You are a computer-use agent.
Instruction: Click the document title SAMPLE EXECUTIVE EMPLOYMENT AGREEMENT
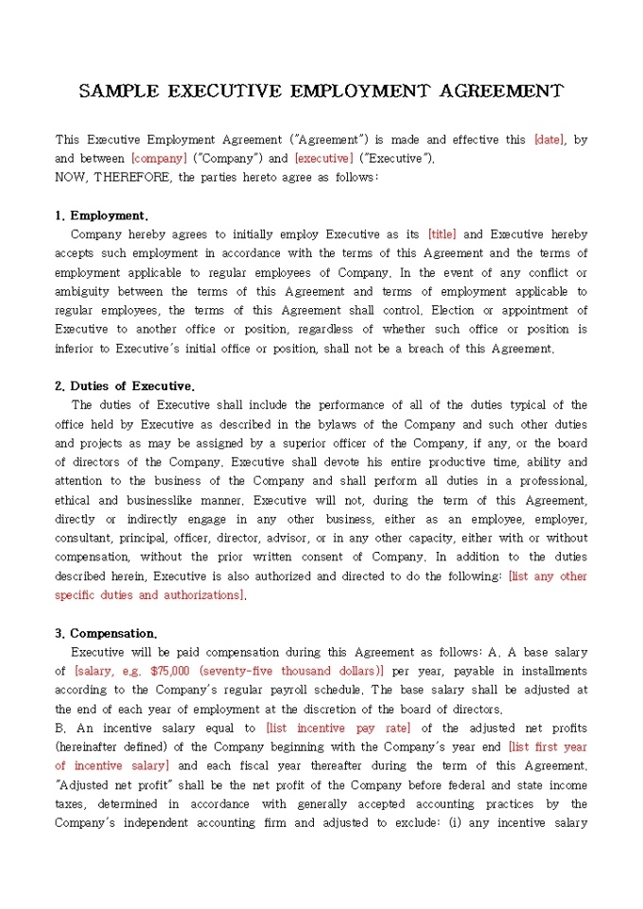[x=321, y=92]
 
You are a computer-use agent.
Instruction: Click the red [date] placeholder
[x=549, y=140]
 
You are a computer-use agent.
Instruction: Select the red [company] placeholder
[x=159, y=159]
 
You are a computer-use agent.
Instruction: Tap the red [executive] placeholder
[x=323, y=159]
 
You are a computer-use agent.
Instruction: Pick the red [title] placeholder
[x=442, y=234]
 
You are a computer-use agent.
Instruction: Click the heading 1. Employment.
[x=101, y=215]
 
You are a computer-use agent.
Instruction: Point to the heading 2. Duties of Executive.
[x=125, y=386]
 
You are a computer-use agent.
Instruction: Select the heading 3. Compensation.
[x=106, y=633]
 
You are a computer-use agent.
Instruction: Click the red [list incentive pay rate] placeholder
[x=339, y=729]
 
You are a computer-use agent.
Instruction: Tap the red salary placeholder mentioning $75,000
[x=229, y=671]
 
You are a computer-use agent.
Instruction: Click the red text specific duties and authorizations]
[x=150, y=595]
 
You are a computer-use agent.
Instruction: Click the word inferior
[x=78, y=349]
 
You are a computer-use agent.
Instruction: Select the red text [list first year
[x=547, y=747]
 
